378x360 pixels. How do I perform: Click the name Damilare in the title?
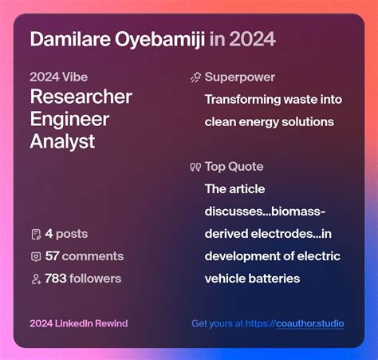point(67,39)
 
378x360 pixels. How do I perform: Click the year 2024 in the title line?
point(254,39)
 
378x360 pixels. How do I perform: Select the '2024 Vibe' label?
point(59,78)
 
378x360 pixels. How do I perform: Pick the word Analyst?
point(62,142)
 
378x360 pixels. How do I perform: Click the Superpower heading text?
point(240,77)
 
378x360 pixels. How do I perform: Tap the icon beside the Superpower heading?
point(195,78)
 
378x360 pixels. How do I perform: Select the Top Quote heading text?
point(234,167)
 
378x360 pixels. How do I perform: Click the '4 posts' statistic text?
point(66,234)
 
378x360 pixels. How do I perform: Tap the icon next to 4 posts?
point(36,235)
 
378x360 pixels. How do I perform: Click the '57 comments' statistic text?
point(85,256)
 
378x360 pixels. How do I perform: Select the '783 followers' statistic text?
point(83,279)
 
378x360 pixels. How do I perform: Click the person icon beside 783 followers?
point(36,279)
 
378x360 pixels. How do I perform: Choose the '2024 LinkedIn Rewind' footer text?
point(78,323)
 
